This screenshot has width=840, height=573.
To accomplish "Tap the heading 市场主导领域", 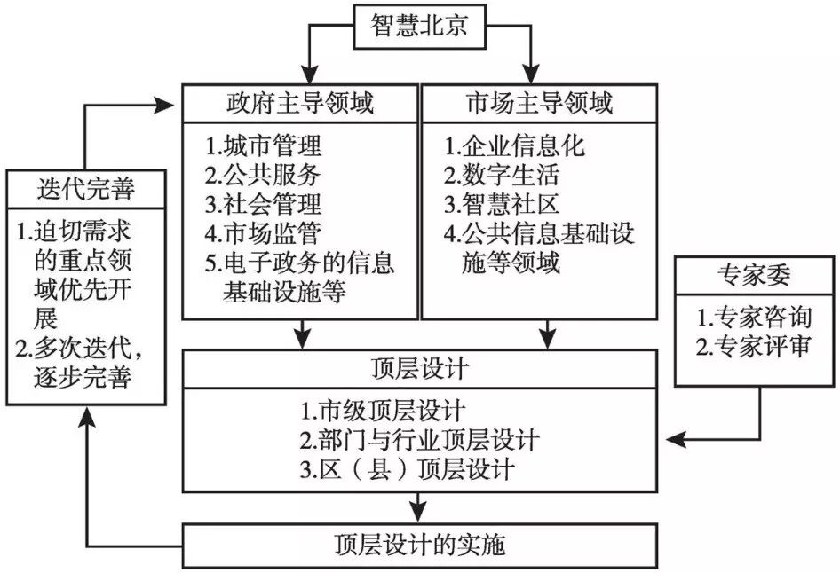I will (539, 105).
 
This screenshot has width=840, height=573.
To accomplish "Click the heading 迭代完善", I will (86, 189).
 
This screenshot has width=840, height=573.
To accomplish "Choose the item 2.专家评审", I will (754, 347).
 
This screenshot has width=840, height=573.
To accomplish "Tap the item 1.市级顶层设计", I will (382, 411).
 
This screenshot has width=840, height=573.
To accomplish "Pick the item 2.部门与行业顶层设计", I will (419, 439).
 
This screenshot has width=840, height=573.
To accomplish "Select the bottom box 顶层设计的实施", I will (419, 541).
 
